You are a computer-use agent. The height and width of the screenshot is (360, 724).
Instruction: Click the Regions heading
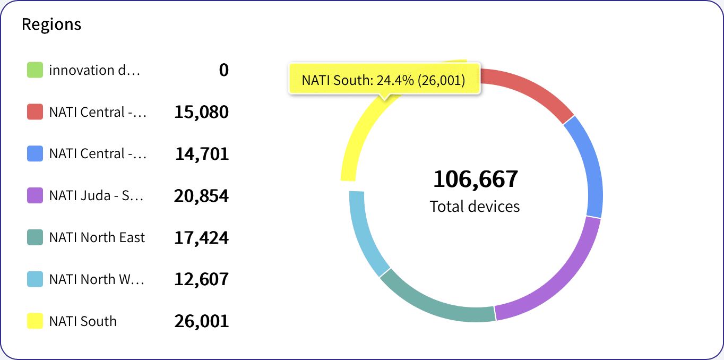[51, 24]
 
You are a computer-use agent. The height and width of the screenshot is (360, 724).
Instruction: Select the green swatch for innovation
[35, 70]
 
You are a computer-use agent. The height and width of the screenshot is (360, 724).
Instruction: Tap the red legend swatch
[35, 112]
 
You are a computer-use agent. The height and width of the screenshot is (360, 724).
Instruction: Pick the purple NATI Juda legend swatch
[35, 195]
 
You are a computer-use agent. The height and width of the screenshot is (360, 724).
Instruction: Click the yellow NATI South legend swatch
[35, 321]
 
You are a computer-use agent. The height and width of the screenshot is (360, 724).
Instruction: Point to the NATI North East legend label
[97, 237]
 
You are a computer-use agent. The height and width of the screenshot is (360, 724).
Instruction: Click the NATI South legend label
[83, 321]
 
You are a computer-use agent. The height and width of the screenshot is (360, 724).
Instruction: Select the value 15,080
[201, 112]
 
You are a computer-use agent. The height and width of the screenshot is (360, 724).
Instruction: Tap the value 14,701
[202, 154]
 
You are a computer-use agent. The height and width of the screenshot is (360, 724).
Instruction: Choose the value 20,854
[201, 196]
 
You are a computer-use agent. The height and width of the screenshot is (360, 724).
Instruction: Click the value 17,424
[201, 238]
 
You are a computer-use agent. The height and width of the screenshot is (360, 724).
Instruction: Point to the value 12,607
[201, 279]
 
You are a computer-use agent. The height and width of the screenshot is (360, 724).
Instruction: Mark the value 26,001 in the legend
[201, 321]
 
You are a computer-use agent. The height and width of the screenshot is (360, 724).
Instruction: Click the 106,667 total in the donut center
[475, 179]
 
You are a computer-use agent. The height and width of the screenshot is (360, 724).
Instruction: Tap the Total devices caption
[475, 206]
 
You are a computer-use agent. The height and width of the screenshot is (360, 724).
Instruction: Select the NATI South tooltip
[383, 80]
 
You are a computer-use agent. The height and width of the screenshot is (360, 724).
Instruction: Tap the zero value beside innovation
[224, 70]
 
